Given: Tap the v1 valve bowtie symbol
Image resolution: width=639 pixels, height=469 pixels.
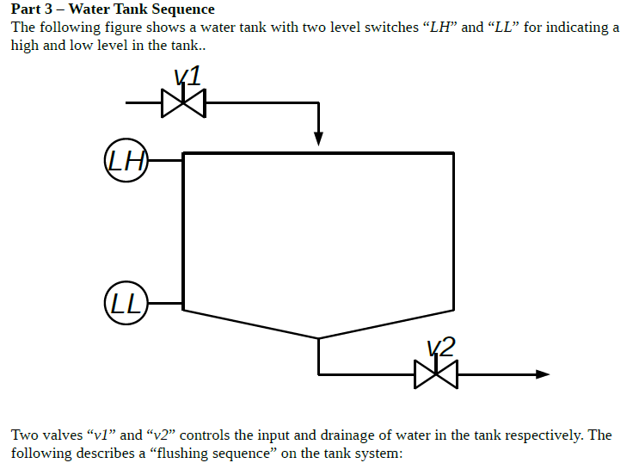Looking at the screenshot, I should (x=183, y=103).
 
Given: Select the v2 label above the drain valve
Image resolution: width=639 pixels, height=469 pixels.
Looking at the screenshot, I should (x=441, y=347).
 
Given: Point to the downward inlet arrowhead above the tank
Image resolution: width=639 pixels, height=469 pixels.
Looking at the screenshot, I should (x=318, y=139).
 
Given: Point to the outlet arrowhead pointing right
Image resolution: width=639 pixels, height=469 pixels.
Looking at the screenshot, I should (x=542, y=374).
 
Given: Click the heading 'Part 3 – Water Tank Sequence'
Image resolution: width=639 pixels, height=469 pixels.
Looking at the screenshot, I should (x=113, y=9).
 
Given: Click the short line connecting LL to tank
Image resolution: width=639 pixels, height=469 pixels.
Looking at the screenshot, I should (x=166, y=304).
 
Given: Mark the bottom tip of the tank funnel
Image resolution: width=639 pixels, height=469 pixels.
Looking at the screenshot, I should (x=318, y=338).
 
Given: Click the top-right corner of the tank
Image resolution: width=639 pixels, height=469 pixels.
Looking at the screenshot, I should (x=453, y=153).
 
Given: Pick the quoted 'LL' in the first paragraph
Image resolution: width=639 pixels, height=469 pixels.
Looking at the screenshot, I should (x=501, y=28).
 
